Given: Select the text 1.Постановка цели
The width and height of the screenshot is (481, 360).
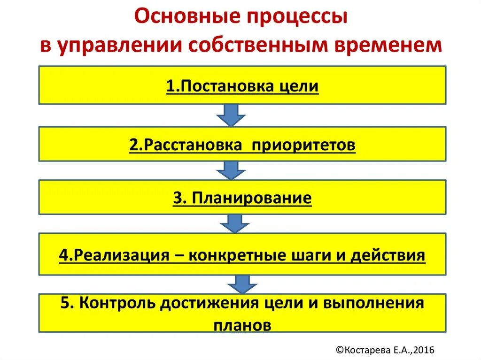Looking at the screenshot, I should (x=242, y=87).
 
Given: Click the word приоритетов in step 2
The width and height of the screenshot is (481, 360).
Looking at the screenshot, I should (x=304, y=145).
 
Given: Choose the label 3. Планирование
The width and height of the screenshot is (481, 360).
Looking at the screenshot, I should (x=242, y=198).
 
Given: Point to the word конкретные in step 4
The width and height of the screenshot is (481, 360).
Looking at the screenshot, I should (x=234, y=255).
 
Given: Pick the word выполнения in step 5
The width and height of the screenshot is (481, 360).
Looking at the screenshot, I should (x=373, y=303).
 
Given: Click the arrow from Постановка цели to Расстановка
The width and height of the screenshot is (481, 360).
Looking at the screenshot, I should (x=231, y=115).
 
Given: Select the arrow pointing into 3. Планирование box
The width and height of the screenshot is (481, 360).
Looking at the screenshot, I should (x=231, y=170).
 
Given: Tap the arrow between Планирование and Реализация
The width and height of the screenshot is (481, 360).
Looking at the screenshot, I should (x=231, y=223).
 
